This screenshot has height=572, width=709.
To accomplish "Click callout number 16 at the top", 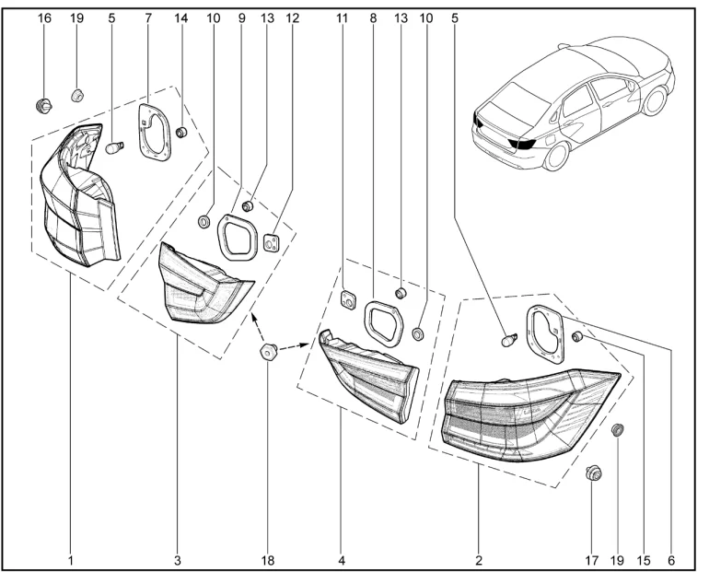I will click(x=42, y=18).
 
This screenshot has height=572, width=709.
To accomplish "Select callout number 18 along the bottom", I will click(x=267, y=558).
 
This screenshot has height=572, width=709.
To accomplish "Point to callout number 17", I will click(x=592, y=558).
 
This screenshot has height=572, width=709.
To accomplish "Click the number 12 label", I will click(x=294, y=18).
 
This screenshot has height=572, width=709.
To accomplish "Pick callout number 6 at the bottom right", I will click(x=669, y=558).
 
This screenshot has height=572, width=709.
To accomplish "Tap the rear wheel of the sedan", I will click(x=555, y=154).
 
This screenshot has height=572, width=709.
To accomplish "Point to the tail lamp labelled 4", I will click(x=368, y=378).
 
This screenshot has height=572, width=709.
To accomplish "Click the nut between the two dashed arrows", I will click(x=267, y=352).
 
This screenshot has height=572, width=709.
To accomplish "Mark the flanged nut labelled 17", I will click(x=593, y=474).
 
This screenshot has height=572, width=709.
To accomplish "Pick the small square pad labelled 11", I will click(x=349, y=298).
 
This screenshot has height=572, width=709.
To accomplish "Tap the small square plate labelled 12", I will click(x=272, y=241).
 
